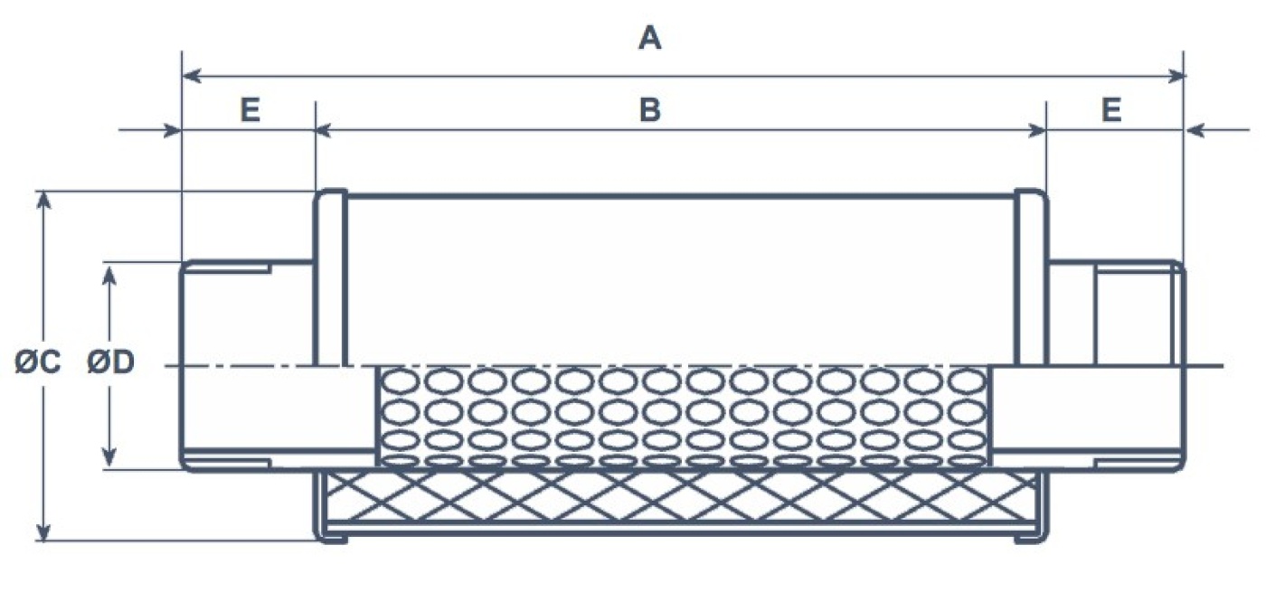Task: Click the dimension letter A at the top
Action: pyautogui.click(x=649, y=39)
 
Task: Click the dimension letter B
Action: pyautogui.click(x=649, y=109)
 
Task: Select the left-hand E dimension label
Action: pyautogui.click(x=250, y=109)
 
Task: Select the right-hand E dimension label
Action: pyautogui.click(x=1111, y=109)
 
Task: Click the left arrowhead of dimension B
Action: pyautogui.click(x=324, y=132)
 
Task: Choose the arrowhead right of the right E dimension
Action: pyautogui.click(x=1195, y=132)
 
